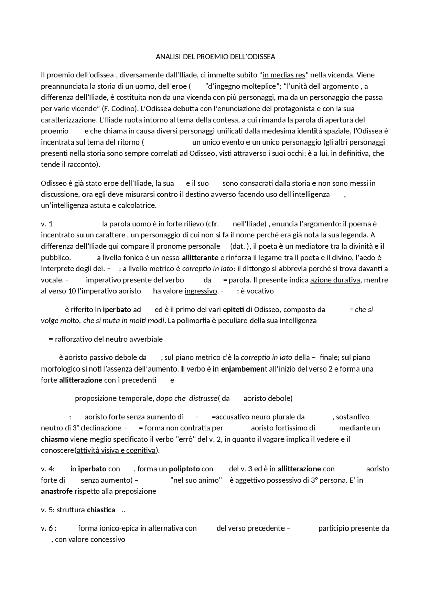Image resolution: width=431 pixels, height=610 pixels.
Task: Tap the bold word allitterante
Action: (x=200, y=258)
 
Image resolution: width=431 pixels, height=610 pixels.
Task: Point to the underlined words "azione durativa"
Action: (x=335, y=280)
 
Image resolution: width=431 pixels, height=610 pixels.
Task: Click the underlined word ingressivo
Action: (x=201, y=291)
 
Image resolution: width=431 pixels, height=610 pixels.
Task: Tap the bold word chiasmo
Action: (x=55, y=439)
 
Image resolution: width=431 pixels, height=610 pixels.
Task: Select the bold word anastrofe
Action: (x=57, y=491)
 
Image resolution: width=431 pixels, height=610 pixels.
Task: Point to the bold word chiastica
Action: (x=101, y=510)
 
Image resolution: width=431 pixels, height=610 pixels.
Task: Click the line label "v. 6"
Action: (x=47, y=528)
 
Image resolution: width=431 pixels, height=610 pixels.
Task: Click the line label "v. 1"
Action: (x=47, y=224)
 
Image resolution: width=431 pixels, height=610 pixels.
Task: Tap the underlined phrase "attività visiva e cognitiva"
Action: (x=116, y=450)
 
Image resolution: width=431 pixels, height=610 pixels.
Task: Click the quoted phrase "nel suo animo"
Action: (x=196, y=480)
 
